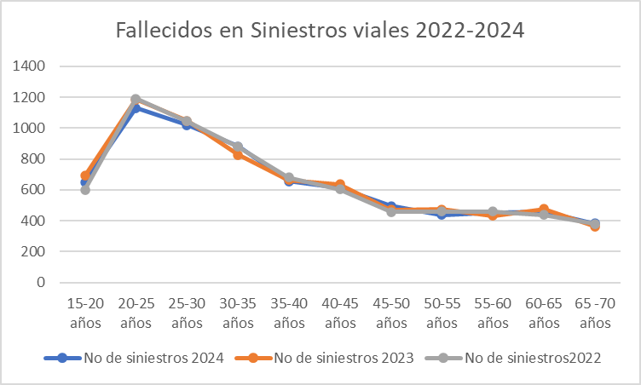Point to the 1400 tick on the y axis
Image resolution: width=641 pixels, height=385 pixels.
tap(40, 66)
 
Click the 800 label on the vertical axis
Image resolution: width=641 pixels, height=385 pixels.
tap(44, 158)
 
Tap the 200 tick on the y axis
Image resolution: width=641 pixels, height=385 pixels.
tap(44, 251)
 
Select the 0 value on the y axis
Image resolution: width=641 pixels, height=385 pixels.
tap(52, 282)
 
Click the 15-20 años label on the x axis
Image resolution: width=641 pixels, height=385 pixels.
tap(84, 313)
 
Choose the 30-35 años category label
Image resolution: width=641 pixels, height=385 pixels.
tap(238, 313)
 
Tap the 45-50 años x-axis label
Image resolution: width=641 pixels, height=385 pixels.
tap(391, 313)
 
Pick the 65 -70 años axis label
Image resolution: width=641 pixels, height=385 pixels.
tap(594, 313)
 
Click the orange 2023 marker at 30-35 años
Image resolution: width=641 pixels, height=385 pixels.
tap(238, 154)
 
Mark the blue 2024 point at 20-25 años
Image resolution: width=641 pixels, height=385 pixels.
tap(136, 108)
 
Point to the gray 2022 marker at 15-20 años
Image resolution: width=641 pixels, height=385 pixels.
tap(85, 189)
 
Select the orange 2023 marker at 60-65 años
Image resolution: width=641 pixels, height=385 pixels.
tap(544, 209)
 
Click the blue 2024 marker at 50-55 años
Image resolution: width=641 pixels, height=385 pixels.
tap(442, 215)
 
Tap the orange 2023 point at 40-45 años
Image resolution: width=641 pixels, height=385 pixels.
tap(340, 184)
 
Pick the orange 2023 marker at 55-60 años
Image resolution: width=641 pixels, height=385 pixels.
tap(493, 215)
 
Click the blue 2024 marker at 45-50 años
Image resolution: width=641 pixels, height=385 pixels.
tap(391, 206)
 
